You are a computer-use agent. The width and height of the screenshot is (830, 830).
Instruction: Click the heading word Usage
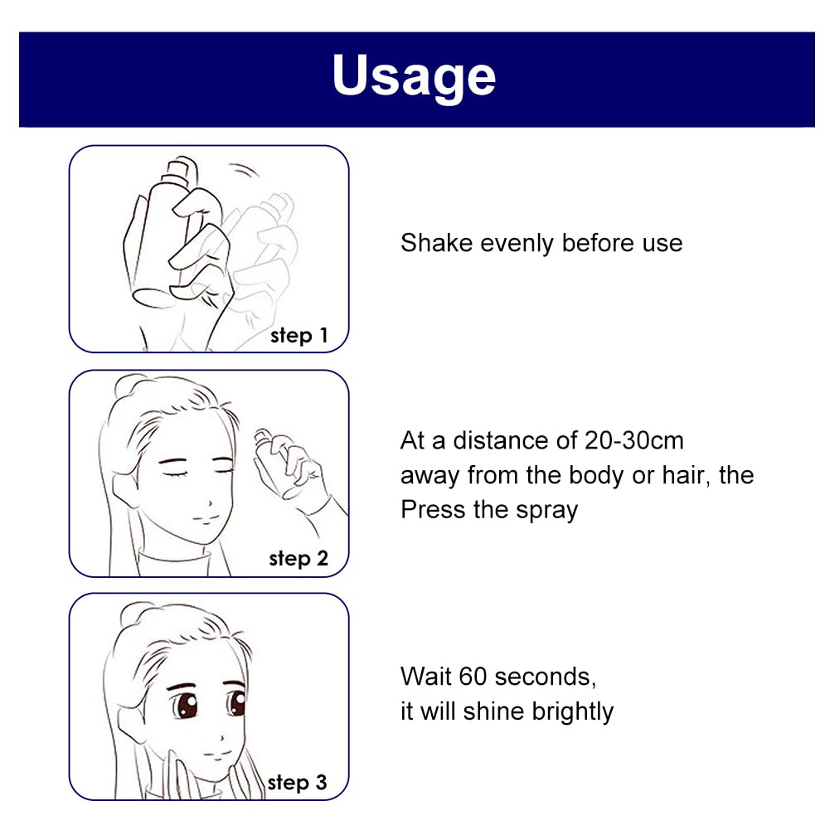[414, 76]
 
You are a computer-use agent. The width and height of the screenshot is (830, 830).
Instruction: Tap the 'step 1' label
[299, 336]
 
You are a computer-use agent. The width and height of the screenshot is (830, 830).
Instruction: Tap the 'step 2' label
[299, 559]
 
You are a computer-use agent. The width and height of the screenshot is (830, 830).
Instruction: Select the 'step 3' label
[297, 783]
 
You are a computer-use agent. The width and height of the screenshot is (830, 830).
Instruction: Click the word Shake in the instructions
[436, 244]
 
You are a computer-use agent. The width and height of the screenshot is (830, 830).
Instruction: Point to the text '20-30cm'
[633, 440]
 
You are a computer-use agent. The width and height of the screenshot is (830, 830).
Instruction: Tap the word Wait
[427, 677]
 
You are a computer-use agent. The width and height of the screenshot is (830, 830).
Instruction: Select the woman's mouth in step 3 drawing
[218, 753]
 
